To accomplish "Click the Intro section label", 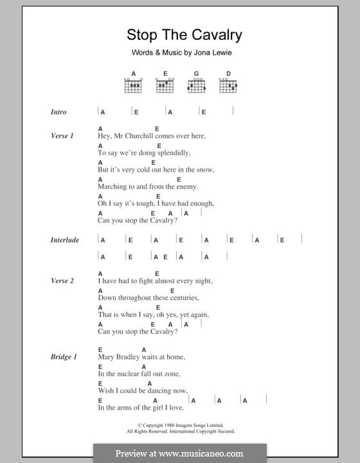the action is click(59, 112).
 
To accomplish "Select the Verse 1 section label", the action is click(62, 136).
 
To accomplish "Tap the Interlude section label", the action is click(65, 240).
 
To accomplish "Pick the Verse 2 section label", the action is click(62, 281).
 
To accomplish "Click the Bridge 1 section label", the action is click(64, 356).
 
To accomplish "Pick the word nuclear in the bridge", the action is click(131, 374).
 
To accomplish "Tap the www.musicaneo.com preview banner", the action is click(179, 453).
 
